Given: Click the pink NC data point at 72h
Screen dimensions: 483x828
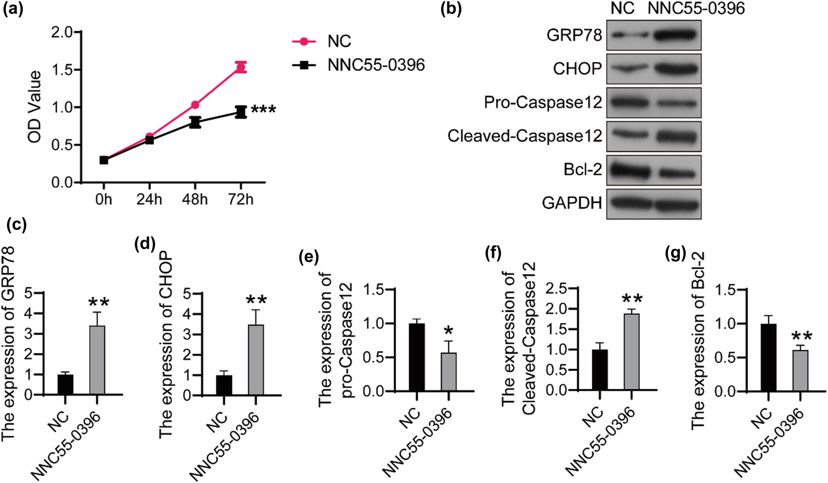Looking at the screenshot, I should point(241,68).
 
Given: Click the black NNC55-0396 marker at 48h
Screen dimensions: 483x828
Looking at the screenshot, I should point(195,122).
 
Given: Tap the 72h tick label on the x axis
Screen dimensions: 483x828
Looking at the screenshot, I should point(241,199).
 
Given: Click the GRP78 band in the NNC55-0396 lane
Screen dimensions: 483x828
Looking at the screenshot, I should point(677,35).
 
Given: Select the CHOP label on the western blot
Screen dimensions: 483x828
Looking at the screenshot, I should point(577,69).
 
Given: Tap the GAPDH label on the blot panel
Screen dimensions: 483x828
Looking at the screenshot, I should point(572,203).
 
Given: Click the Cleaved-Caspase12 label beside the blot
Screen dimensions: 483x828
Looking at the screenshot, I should point(524,136).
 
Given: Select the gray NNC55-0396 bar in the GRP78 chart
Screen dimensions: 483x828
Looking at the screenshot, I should point(97,360).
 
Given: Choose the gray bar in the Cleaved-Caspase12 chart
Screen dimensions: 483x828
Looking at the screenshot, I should point(631,352).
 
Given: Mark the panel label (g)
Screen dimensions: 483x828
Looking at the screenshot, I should point(675,253).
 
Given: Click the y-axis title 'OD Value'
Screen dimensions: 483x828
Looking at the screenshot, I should point(35,107).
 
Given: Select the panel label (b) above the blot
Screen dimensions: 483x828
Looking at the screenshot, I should point(451,9).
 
